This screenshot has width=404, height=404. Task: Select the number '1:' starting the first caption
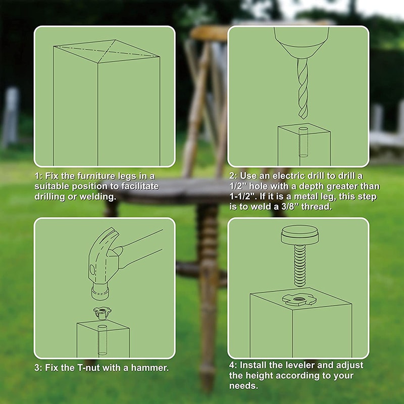[39, 176]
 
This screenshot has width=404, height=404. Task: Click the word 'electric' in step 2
[286, 176]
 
